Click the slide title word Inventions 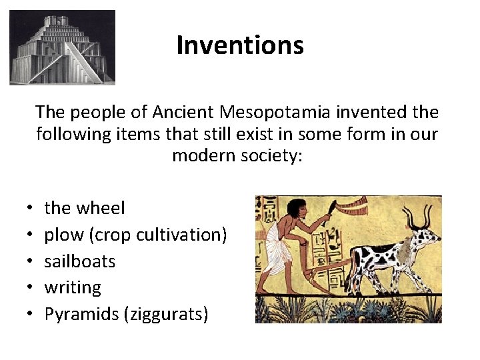240,45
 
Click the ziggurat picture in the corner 62,47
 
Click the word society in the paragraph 272,156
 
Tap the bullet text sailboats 80,261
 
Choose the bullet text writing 73,288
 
